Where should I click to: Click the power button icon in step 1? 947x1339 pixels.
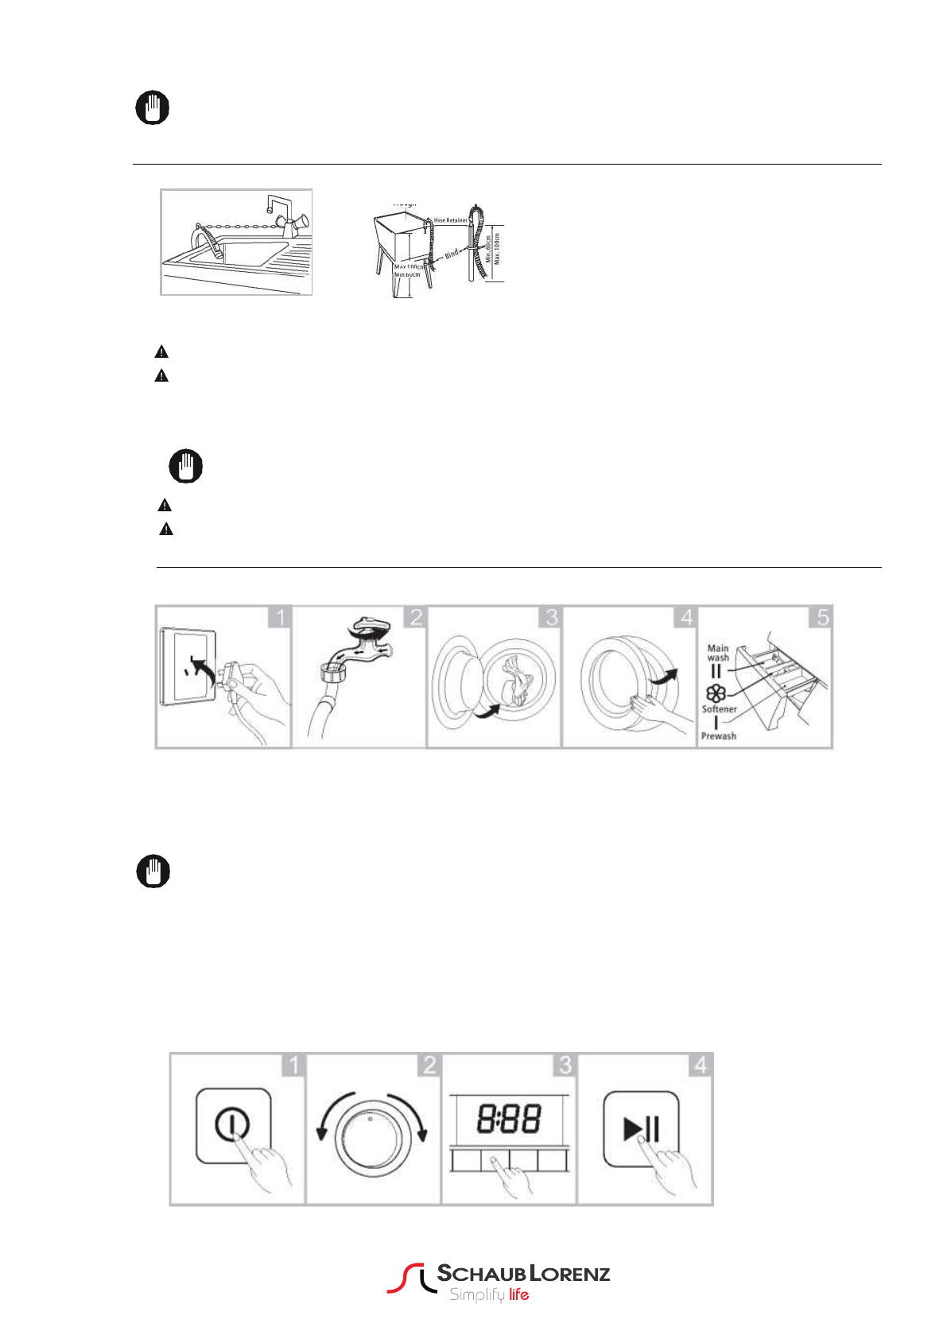click(x=231, y=1124)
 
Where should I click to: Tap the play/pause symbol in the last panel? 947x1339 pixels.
click(x=642, y=1128)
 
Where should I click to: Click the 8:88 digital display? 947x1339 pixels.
click(x=509, y=1119)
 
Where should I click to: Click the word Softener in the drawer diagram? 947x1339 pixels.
click(x=719, y=709)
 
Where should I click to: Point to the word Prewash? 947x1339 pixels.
click(x=718, y=736)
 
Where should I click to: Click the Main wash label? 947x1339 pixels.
click(x=718, y=653)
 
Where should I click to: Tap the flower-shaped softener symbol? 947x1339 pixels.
click(x=716, y=693)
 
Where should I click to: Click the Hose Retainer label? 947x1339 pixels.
click(x=450, y=220)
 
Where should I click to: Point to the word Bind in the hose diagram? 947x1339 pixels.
click(x=452, y=254)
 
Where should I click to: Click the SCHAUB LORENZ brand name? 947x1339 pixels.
click(x=523, y=1274)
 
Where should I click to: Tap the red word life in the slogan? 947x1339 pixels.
click(x=518, y=1295)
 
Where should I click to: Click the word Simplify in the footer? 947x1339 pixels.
click(x=476, y=1295)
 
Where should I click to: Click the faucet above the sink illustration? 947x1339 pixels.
click(x=280, y=213)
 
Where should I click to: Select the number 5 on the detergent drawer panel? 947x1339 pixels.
click(x=822, y=617)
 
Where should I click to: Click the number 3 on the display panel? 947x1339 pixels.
click(x=565, y=1065)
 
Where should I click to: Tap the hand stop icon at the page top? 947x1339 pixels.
click(x=153, y=107)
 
